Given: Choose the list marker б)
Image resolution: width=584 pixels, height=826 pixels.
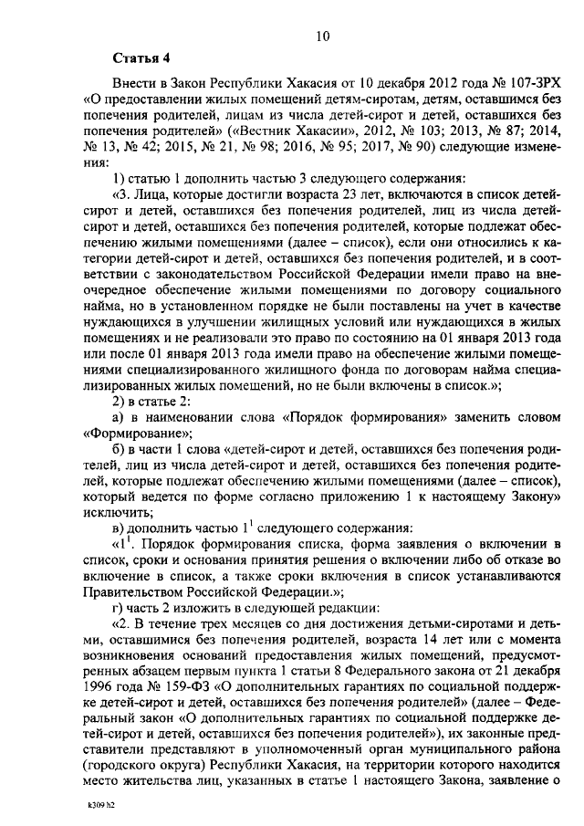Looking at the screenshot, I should pos(119,451).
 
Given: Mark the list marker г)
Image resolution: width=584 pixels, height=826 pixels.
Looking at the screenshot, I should pos(118,609).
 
